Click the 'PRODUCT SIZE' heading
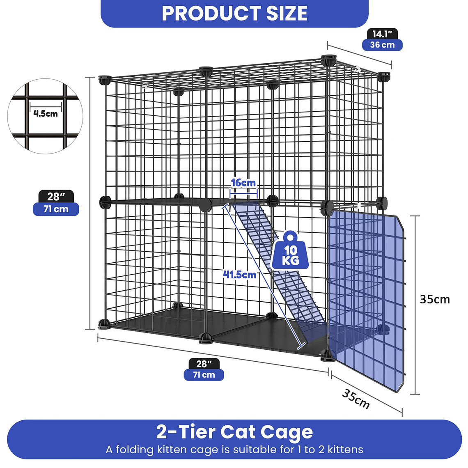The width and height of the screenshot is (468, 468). (x=234, y=14)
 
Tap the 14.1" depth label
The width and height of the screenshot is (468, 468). (x=382, y=34)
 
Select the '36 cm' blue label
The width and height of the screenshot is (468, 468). (x=382, y=45)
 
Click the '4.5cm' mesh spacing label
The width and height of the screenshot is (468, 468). (x=46, y=113)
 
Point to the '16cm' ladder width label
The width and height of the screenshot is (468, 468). (x=243, y=183)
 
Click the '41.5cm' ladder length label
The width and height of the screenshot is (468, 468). (x=240, y=275)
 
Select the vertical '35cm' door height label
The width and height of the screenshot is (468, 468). (x=435, y=299)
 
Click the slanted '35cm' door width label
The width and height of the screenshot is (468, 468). (x=356, y=399)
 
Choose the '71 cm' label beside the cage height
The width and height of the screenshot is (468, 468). (x=56, y=209)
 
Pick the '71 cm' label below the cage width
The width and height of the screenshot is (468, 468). (x=204, y=374)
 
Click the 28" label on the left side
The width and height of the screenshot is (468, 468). (x=56, y=196)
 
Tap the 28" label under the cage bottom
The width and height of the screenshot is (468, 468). (x=204, y=364)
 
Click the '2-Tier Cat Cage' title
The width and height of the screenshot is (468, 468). (x=234, y=432)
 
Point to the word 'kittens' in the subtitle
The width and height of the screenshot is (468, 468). (x=345, y=450)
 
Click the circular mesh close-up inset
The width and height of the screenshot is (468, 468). (x=46, y=117)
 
